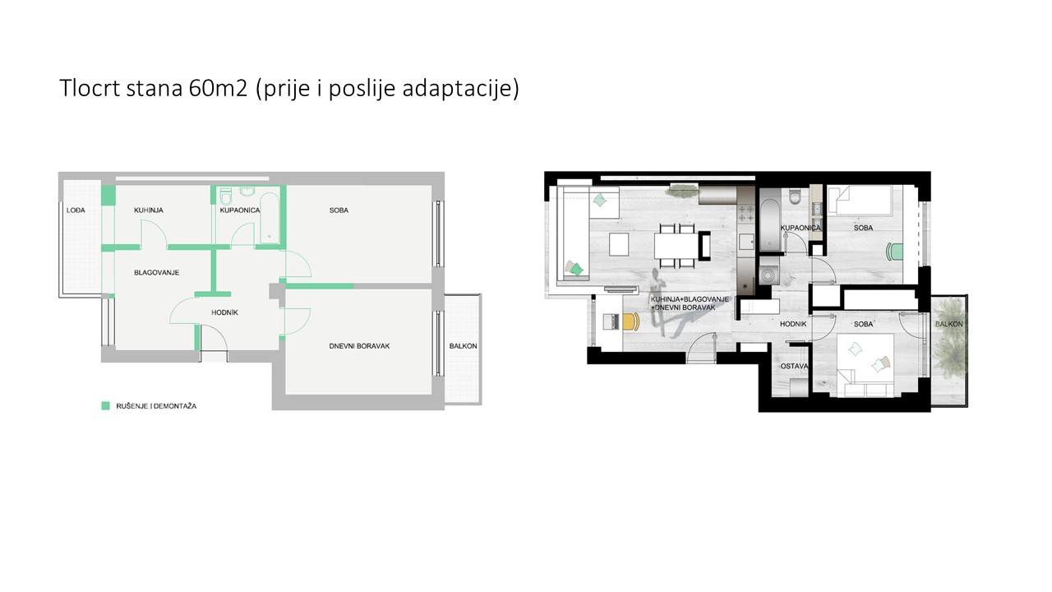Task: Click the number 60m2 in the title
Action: [218, 88]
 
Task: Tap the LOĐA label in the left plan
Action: [76, 210]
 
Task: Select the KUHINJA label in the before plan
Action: [149, 210]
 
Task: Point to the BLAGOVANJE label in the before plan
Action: [156, 272]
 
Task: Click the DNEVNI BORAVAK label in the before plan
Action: [359, 346]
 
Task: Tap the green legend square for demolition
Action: [106, 406]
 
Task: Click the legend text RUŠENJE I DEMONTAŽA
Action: [156, 406]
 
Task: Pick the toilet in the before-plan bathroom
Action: [225, 196]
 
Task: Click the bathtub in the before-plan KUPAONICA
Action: [269, 218]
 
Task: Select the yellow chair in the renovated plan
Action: [632, 321]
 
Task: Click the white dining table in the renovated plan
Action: [676, 245]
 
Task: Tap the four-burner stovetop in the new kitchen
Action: [745, 213]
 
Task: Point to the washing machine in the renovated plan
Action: [768, 274]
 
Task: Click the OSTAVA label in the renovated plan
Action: [794, 366]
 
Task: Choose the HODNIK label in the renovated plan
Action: [793, 324]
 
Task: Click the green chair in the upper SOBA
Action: [894, 252]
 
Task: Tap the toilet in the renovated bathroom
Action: [795, 197]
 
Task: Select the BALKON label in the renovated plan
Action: [948, 324]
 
